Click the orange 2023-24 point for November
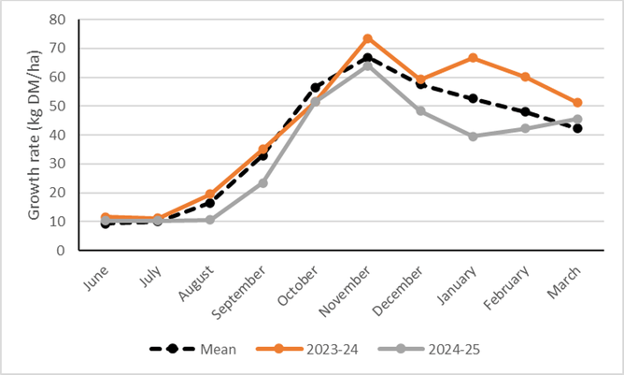click(x=368, y=38)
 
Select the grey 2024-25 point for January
click(x=473, y=137)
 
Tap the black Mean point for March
click(x=577, y=128)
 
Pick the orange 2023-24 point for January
click(x=473, y=58)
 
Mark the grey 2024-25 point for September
click(x=263, y=182)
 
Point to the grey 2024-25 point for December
click(x=420, y=111)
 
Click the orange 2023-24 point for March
click(x=577, y=103)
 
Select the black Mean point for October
click(x=316, y=87)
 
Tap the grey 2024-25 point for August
click(x=211, y=220)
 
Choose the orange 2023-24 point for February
click(x=525, y=77)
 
